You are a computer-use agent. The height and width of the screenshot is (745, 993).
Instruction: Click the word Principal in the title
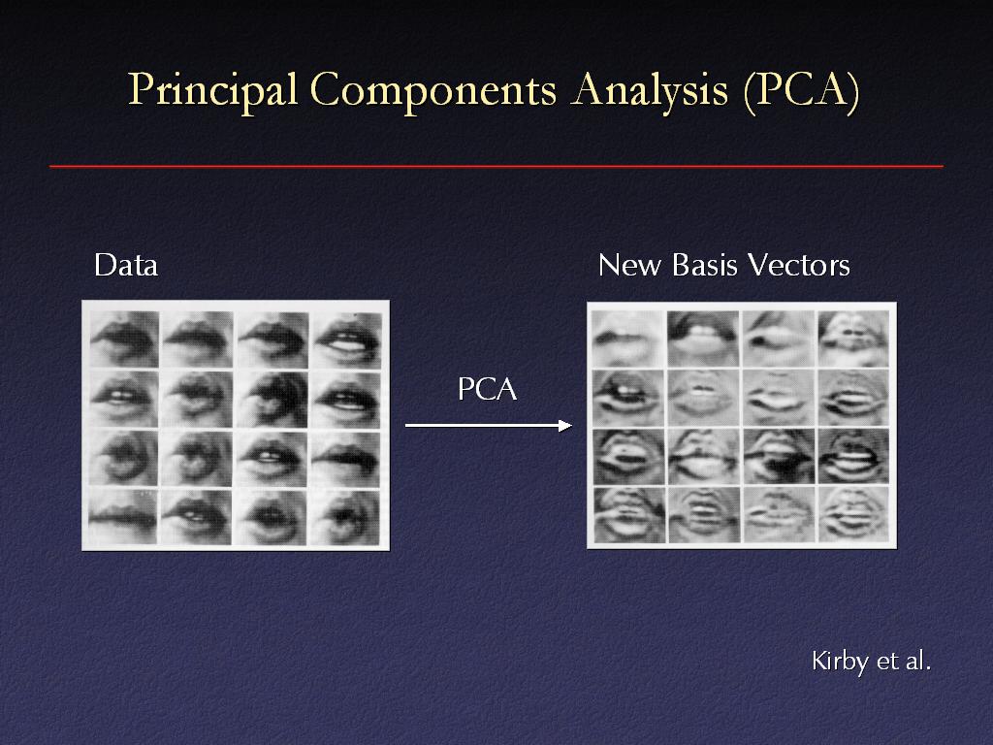click(212, 91)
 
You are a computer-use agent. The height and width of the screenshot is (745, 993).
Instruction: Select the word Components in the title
click(433, 91)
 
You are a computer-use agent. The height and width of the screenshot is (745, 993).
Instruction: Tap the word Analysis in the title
click(650, 91)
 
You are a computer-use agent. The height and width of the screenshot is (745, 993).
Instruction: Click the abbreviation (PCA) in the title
click(802, 91)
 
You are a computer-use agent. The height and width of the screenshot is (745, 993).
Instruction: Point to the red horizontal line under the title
click(496, 167)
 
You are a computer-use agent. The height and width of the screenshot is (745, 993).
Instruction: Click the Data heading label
click(125, 265)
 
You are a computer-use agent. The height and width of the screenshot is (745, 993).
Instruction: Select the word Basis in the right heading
click(705, 265)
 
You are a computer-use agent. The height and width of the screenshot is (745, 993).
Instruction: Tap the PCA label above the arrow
click(487, 389)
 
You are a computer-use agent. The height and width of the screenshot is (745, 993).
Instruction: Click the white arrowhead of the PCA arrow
click(565, 426)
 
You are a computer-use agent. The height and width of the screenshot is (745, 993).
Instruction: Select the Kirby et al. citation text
click(872, 661)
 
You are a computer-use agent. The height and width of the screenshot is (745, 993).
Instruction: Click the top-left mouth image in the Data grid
click(124, 339)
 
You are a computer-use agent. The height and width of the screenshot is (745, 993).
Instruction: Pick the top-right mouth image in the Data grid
click(346, 339)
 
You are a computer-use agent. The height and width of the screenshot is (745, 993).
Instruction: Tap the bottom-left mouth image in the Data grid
click(123, 516)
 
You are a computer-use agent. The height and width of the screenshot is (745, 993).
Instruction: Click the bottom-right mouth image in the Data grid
click(345, 517)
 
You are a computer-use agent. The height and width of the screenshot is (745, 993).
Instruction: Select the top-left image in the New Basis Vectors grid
click(628, 339)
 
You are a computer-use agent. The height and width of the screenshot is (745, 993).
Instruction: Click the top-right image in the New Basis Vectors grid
click(853, 339)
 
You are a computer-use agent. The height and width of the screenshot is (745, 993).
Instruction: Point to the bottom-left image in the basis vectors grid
click(628, 515)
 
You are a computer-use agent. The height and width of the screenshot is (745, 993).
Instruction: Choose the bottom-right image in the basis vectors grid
click(853, 515)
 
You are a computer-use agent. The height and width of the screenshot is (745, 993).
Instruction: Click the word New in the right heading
click(630, 265)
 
